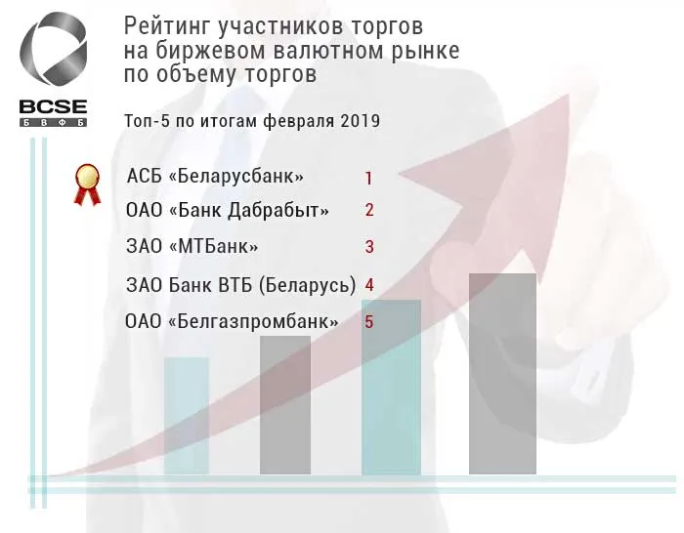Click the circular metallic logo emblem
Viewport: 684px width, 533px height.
click(54, 54)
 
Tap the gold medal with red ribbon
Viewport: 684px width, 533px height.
click(88, 183)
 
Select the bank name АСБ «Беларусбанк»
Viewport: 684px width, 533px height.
click(215, 177)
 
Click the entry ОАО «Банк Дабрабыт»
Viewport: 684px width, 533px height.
click(228, 210)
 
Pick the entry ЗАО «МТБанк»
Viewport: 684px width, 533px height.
click(192, 246)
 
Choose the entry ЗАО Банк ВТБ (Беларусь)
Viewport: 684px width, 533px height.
click(240, 285)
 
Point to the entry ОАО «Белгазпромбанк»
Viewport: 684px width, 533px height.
click(233, 321)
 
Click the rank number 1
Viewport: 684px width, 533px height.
click(369, 178)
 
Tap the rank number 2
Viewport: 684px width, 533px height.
click(369, 210)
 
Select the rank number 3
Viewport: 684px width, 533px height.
click(369, 247)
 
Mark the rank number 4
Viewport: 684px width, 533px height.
click(369, 285)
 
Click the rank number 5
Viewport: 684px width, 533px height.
click(369, 321)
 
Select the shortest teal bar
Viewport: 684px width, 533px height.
click(187, 416)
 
